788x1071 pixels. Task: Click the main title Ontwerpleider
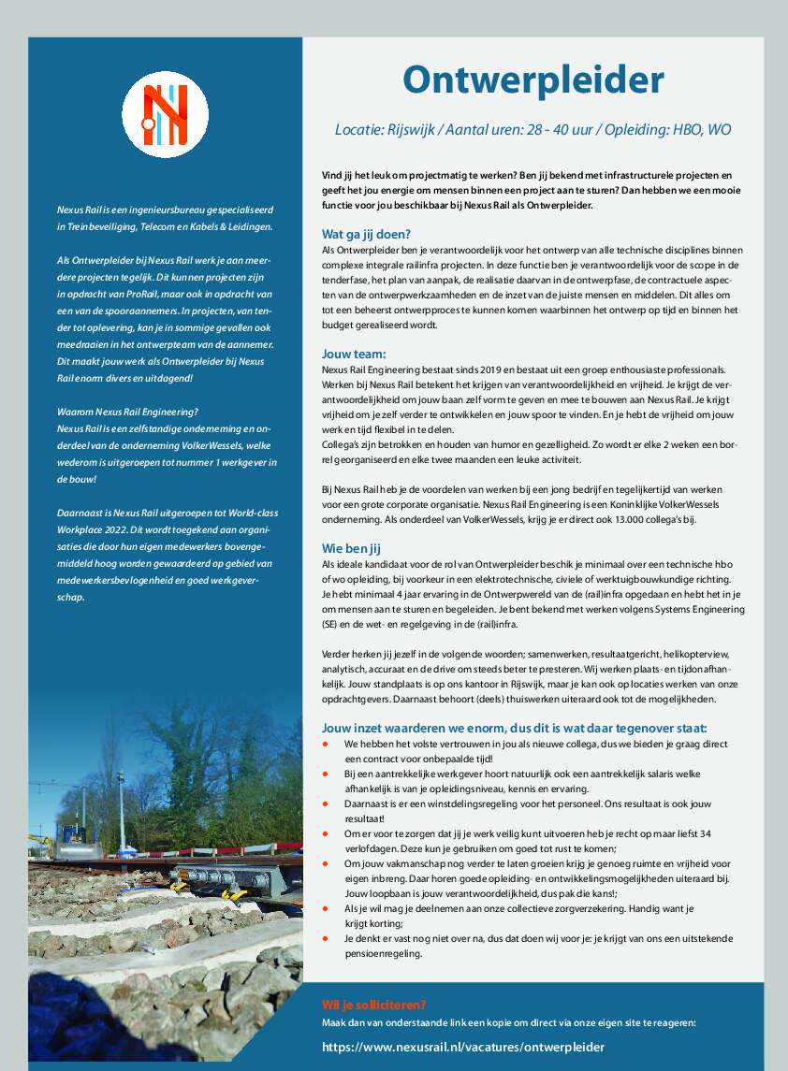(533, 80)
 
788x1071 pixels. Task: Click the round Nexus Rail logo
(165, 114)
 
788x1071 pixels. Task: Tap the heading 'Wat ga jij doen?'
(366, 234)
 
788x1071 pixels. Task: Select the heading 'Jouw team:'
(353, 354)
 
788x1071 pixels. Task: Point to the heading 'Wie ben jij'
(352, 548)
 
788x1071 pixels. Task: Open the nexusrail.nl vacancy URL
(462, 1047)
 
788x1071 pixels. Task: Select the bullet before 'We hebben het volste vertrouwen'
(325, 744)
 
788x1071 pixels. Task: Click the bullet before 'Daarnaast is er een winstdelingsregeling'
(325, 803)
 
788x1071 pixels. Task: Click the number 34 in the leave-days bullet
(706, 833)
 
